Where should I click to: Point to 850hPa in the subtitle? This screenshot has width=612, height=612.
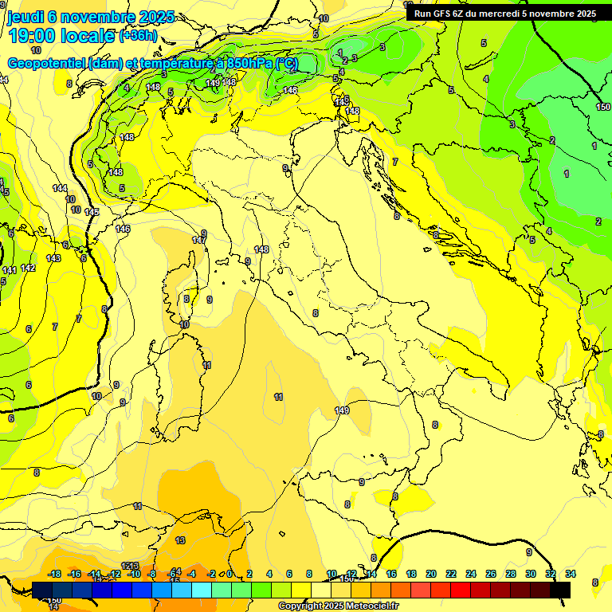point(249,63)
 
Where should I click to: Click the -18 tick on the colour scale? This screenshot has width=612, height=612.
point(55,575)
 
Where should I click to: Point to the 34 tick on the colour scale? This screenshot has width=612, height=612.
point(571,575)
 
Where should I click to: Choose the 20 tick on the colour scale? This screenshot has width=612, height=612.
point(431,575)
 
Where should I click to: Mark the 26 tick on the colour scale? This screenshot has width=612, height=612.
point(490,575)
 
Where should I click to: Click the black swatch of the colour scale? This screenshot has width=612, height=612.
point(560,590)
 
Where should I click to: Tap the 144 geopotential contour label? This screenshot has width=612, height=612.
point(60,188)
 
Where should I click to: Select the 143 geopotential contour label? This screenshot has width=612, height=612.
point(53,258)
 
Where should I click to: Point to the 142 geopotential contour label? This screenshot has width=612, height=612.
point(28,269)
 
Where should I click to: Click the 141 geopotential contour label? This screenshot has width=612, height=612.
point(9,271)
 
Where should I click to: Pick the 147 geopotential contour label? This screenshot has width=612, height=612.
point(199,240)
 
